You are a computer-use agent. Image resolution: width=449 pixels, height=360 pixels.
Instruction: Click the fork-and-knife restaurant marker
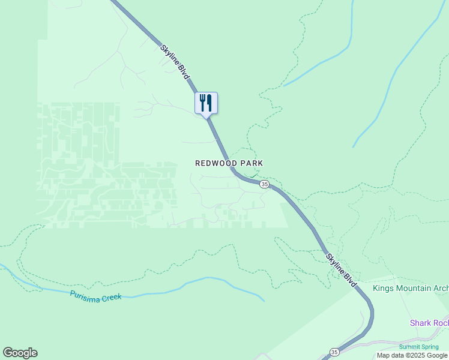[206, 103]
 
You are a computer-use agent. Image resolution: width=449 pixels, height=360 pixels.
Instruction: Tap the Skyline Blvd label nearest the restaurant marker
[175, 62]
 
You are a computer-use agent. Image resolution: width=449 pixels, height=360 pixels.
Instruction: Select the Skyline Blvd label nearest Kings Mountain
[342, 270]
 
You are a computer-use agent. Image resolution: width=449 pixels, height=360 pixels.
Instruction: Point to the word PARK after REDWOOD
[252, 163]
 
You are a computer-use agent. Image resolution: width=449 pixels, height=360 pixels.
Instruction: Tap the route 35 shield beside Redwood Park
[264, 184]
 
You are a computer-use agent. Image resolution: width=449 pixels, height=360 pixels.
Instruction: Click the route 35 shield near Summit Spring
[334, 352]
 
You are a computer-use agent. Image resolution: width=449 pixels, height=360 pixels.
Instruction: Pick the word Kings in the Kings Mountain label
[384, 288]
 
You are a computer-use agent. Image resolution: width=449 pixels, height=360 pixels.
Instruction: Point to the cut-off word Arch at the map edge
[441, 288]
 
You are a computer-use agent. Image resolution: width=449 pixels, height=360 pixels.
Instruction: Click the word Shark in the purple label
[420, 323]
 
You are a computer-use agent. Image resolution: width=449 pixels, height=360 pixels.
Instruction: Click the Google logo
[20, 353]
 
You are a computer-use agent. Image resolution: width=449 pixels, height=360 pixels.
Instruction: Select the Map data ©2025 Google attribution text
[412, 355]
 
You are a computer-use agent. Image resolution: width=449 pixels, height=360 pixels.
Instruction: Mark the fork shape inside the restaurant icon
[202, 101]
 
